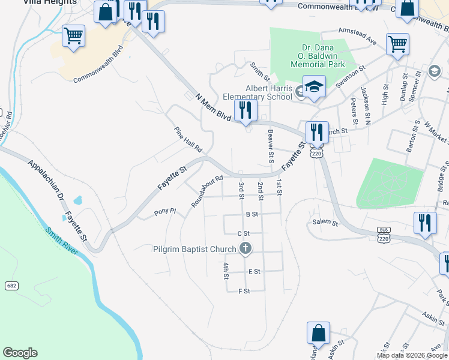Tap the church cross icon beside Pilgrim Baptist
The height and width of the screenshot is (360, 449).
point(245,248)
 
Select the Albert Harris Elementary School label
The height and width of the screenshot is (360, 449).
point(257,93)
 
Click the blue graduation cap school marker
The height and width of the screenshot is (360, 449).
point(314,88)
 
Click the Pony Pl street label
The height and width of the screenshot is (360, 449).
point(164,211)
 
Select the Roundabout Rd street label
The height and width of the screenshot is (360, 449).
point(207,191)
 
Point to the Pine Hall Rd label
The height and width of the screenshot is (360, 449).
point(188,139)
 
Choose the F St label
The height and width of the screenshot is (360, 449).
point(244,291)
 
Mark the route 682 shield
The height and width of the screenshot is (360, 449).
point(11,286)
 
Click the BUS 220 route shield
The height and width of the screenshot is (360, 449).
point(384,234)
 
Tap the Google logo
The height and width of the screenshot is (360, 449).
point(20,353)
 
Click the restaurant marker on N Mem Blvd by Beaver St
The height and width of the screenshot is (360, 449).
point(245,110)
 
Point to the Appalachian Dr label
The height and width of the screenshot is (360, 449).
point(43,178)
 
